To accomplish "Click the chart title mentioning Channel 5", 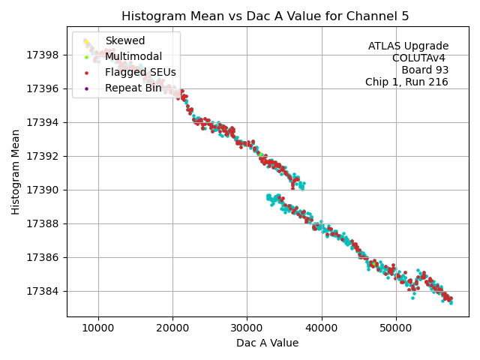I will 267,16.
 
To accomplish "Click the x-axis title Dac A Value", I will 267,343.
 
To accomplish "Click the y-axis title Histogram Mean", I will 16,172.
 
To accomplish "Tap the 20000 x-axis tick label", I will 172,328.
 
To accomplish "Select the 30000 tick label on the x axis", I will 247,328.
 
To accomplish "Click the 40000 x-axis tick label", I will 322,328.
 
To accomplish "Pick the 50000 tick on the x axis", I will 396,328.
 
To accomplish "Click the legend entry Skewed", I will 124,40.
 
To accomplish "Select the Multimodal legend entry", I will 133,56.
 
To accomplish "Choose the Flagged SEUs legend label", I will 140,72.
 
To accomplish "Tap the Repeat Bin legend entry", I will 133,88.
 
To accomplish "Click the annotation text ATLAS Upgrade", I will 408,46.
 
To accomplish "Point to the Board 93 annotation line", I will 424,70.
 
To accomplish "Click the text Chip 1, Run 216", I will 406,82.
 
